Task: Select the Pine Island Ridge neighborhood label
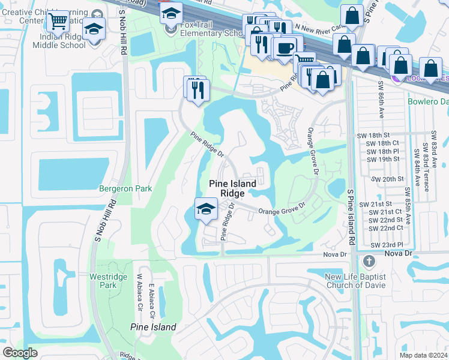pyautogui.click(x=232, y=188)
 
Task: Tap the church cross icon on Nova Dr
pyautogui.click(x=369, y=261)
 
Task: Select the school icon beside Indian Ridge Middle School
pyautogui.click(x=94, y=28)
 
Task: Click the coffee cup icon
pyautogui.click(x=286, y=47)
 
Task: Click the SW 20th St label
pyautogui.click(x=385, y=179)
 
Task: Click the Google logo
pyautogui.click(x=20, y=352)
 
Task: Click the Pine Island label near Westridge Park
pyautogui.click(x=153, y=327)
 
